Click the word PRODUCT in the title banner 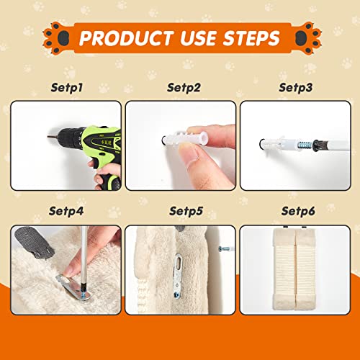pyautogui.click(x=126, y=38)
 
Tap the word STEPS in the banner pyautogui.click(x=251, y=38)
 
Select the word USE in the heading pyautogui.click(x=198, y=38)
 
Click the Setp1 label pyautogui.click(x=67, y=88)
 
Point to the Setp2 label pyautogui.click(x=184, y=88)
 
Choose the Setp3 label pyautogui.click(x=296, y=88)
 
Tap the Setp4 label pyautogui.click(x=66, y=211)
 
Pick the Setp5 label pyautogui.click(x=186, y=211)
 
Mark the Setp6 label pyautogui.click(x=298, y=211)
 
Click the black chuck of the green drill pyautogui.click(x=70, y=138)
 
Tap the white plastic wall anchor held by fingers pyautogui.click(x=185, y=138)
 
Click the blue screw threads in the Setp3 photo pyautogui.click(x=304, y=145)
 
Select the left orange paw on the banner pyautogui.click(x=57, y=38)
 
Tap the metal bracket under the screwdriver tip pyautogui.click(x=74, y=287)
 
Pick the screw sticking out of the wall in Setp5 pyautogui.click(x=225, y=249)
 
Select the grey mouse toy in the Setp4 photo pyautogui.click(x=35, y=243)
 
